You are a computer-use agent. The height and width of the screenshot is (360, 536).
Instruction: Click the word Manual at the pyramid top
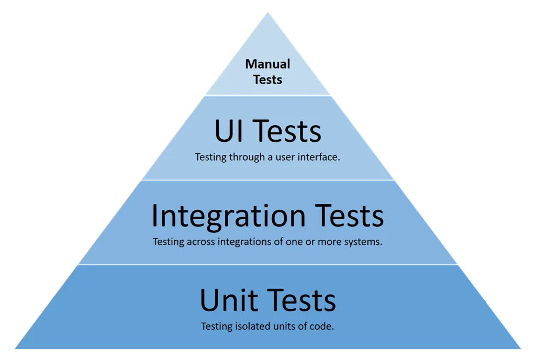click(267, 64)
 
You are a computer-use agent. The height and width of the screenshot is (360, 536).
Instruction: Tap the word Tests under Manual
click(267, 80)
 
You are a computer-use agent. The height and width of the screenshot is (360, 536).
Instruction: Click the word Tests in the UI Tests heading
click(287, 131)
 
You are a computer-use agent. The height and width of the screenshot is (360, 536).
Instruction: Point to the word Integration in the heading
click(229, 217)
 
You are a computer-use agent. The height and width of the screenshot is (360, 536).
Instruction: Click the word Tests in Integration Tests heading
click(349, 216)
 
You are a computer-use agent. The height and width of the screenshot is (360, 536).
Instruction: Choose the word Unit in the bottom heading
click(229, 300)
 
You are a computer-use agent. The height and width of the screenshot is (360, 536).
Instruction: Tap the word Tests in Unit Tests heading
click(301, 300)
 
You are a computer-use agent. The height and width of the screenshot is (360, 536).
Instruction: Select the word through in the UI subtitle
click(247, 157)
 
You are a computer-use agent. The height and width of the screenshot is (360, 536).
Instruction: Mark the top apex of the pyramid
click(268, 13)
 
